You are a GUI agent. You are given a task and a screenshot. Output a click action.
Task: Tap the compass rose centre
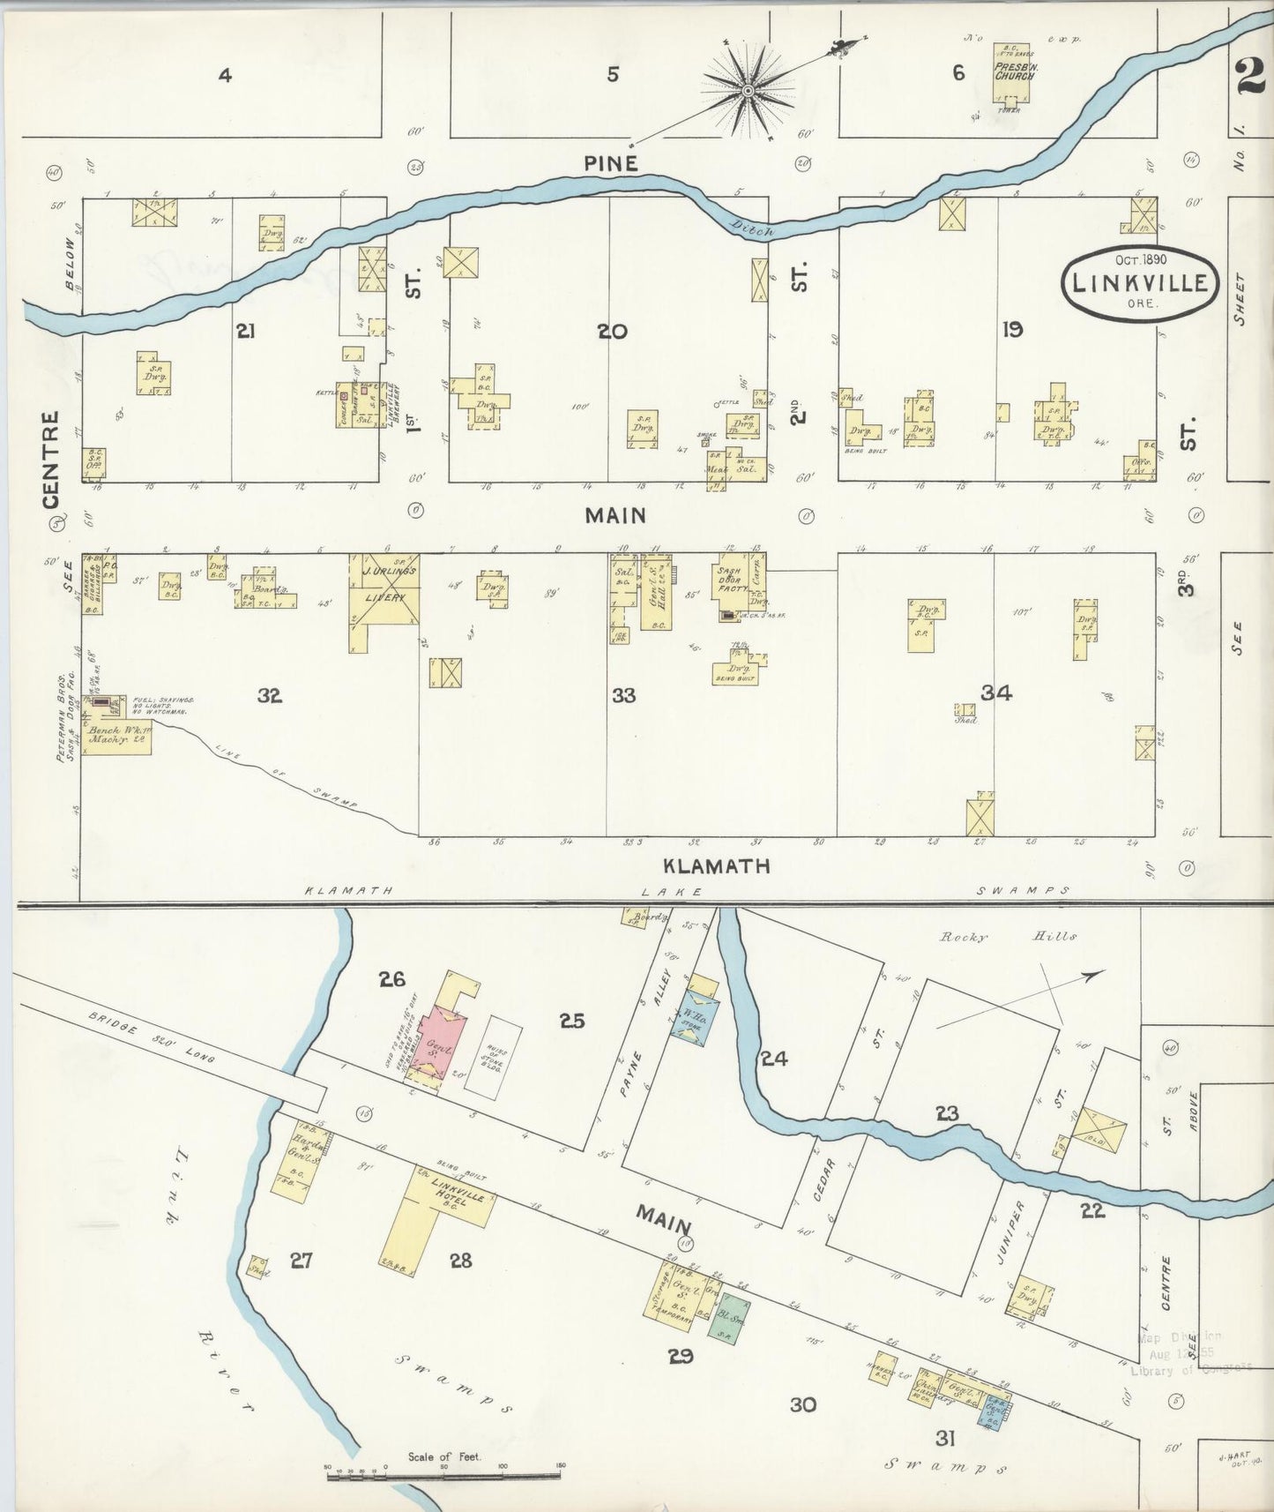[x=749, y=90]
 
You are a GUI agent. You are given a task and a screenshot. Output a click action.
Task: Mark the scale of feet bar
[x=444, y=1472]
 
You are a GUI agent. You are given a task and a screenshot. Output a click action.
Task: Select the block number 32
[x=270, y=696]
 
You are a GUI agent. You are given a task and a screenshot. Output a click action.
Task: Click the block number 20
[x=612, y=332]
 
